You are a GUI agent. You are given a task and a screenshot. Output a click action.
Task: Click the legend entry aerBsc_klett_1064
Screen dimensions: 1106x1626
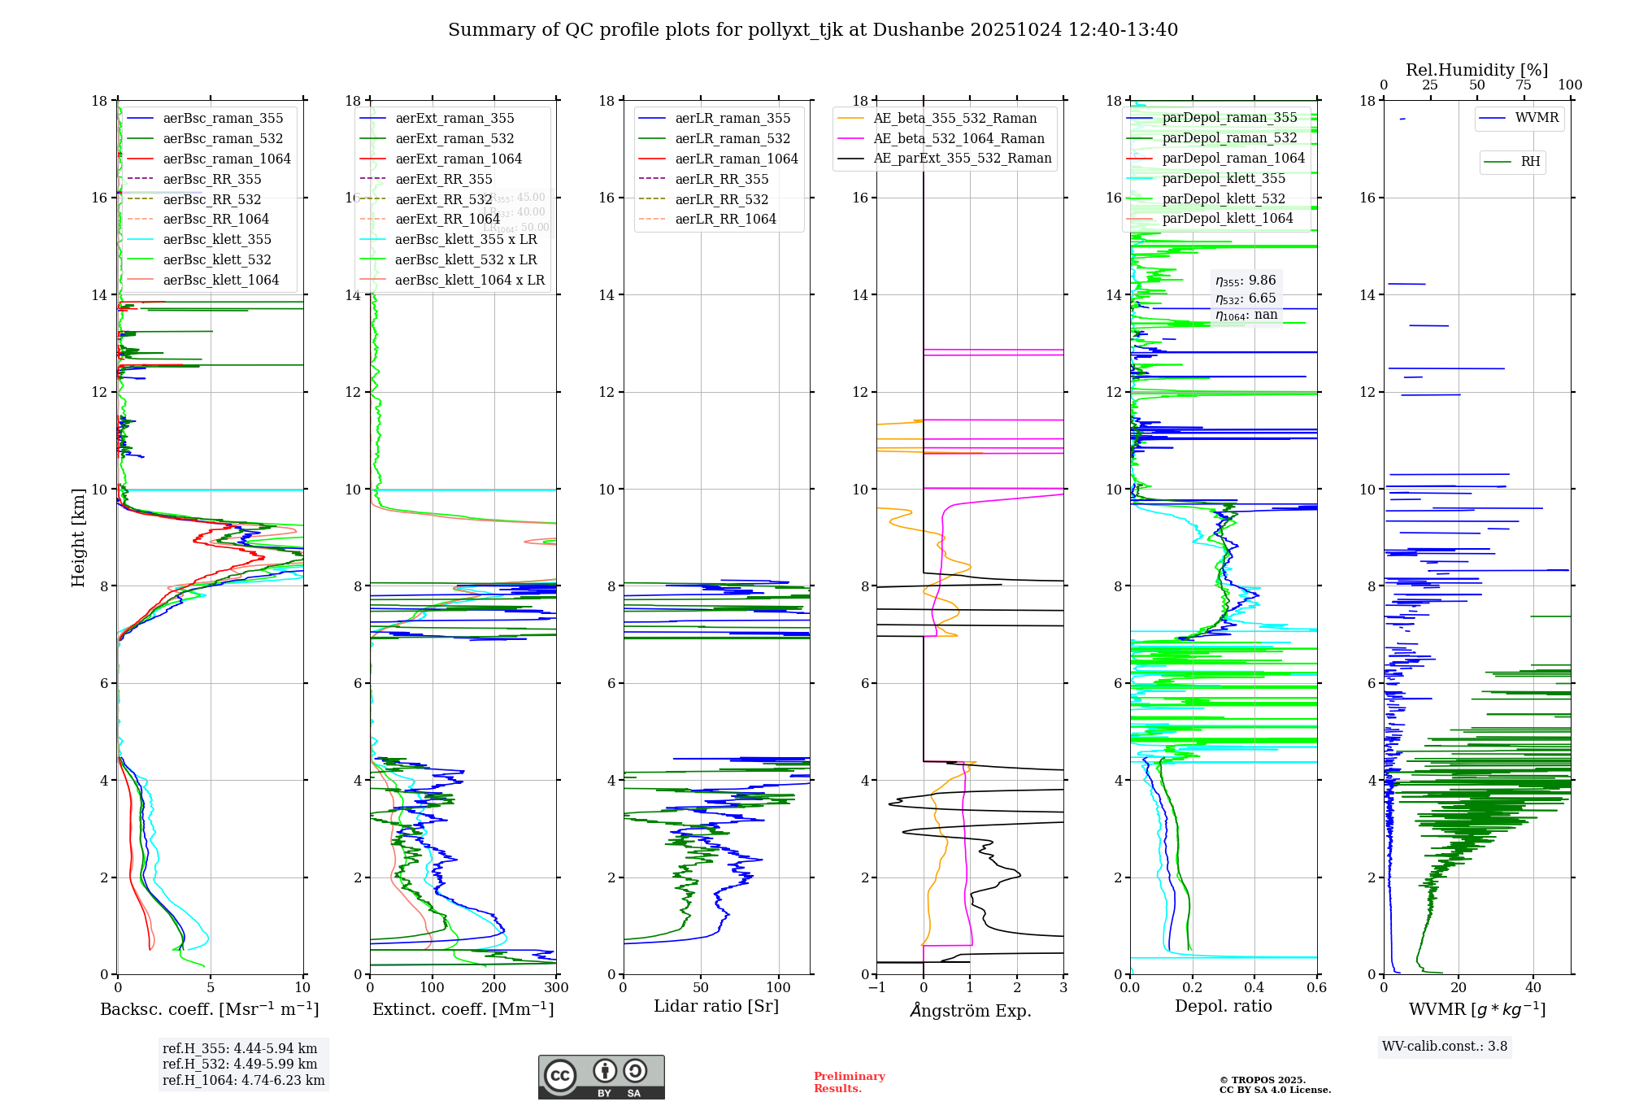point(220,280)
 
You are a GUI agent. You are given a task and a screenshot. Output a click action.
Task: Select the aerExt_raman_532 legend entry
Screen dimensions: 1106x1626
point(454,138)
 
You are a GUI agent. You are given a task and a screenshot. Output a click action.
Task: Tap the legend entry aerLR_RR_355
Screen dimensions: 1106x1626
point(721,179)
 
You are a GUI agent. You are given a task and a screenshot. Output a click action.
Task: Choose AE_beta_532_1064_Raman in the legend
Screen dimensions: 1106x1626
point(959,138)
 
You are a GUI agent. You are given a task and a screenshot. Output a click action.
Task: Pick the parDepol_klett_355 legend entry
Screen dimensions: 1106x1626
point(1224,178)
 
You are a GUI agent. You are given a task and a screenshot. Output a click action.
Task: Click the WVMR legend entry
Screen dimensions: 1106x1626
point(1537,118)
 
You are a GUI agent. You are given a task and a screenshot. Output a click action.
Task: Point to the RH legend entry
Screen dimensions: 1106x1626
point(1530,162)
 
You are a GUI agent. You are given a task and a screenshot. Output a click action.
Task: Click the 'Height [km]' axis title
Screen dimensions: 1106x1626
point(78,538)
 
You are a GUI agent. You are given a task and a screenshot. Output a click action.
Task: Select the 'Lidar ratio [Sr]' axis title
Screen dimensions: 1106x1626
point(716,1006)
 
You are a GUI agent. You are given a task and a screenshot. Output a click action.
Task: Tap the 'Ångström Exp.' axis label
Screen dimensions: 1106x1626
point(971,1010)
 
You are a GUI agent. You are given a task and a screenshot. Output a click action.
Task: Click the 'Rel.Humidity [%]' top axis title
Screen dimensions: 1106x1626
point(1476,70)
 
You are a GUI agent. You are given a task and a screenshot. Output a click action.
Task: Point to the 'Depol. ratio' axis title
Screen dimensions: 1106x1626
point(1223,1006)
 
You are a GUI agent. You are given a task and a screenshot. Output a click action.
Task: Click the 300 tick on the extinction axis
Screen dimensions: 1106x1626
point(556,988)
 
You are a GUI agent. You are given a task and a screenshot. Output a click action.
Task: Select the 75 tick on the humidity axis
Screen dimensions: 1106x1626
point(1524,85)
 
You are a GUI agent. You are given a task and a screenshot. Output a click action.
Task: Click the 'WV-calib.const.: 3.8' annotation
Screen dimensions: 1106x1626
point(1445,1047)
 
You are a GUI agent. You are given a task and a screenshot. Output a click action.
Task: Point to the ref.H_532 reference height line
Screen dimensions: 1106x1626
point(240,1064)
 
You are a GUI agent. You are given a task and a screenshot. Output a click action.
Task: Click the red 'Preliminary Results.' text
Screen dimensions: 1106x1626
point(849,1082)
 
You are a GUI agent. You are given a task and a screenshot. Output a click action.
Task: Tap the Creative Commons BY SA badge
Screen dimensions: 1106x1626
point(601,1077)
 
